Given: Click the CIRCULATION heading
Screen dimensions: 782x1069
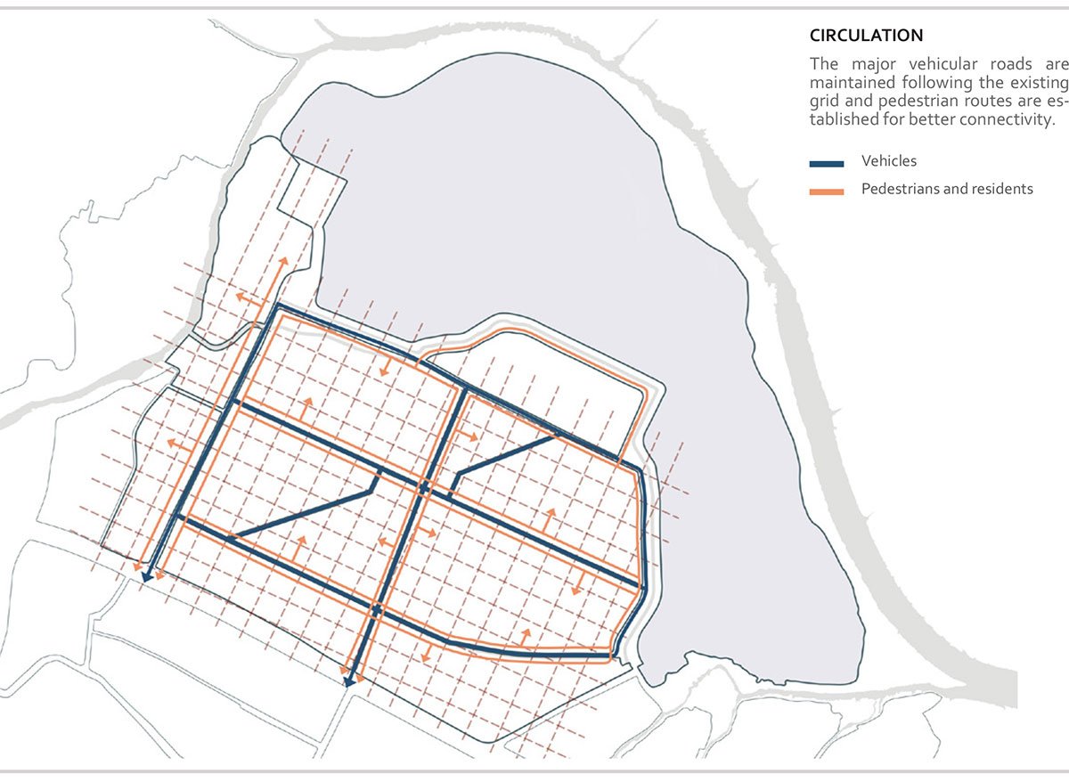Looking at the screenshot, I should (x=866, y=36).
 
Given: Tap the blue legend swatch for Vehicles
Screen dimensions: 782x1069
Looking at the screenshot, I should (x=826, y=163).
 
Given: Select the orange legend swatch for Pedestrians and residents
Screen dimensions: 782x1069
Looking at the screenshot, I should (x=826, y=191).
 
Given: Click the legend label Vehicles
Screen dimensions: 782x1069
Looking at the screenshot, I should (x=888, y=161).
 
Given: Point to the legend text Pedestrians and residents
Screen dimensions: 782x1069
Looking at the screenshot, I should (x=947, y=189).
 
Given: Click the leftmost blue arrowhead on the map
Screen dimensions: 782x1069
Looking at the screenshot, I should (x=145, y=576).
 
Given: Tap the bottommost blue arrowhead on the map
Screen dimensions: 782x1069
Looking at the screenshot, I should (x=348, y=680).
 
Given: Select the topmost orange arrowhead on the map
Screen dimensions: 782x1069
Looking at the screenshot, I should (x=283, y=261).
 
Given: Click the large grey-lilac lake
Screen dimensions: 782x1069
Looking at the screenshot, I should (x=534, y=223).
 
